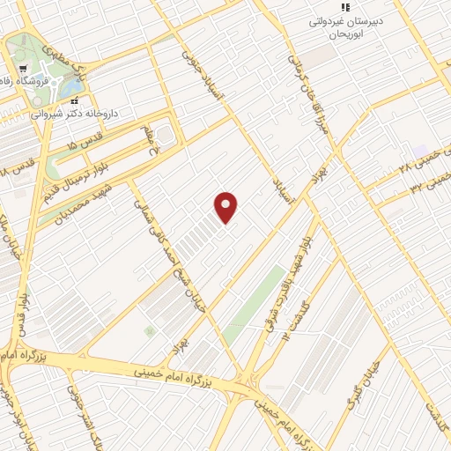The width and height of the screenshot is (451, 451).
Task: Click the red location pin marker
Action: point(227,208)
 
